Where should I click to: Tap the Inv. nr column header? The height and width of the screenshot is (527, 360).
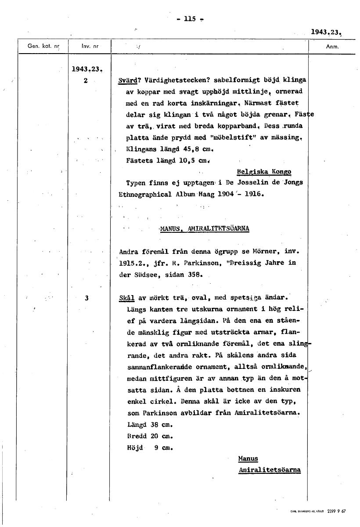pos(89,46)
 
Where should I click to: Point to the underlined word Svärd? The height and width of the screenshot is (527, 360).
pos(127,81)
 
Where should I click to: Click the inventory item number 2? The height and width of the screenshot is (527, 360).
pos(86,81)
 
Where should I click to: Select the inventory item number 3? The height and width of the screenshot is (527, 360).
pos(87,298)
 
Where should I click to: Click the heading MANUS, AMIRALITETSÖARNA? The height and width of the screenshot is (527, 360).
pos(205,228)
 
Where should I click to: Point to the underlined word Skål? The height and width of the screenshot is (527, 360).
pos(127,298)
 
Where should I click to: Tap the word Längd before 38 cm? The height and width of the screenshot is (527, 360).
pos(136,425)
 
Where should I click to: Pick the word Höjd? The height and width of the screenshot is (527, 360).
pos(134,448)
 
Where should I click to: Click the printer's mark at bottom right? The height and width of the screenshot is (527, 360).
pos(318,511)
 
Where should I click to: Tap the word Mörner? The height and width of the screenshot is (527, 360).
pos(265,252)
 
